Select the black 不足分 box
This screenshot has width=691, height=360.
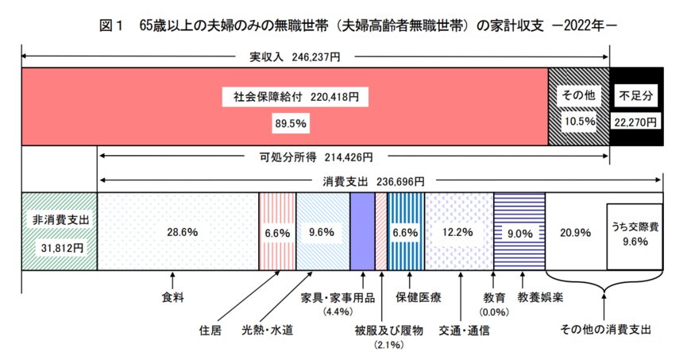tap(636, 107)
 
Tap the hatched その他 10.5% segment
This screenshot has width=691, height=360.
tap(578, 107)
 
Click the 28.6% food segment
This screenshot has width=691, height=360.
tap(178, 233)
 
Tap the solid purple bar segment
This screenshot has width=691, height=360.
tap(362, 233)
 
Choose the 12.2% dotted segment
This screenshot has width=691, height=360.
tap(458, 233)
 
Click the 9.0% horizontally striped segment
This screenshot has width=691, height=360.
tap(519, 233)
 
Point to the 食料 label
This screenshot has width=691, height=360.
tap(172, 298)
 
